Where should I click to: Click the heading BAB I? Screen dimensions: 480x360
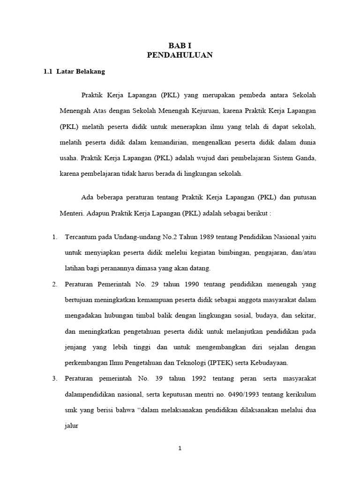(x=180, y=45)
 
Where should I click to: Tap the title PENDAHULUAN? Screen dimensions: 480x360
(x=180, y=55)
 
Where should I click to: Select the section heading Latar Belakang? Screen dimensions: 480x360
(x=81, y=72)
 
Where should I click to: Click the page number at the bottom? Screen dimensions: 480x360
(x=180, y=448)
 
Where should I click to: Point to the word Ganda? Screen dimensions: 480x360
(x=306, y=158)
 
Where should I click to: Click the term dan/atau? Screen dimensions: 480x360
(x=304, y=253)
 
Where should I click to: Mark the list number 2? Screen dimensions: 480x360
(x=54, y=284)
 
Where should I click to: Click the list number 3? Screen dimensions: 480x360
(x=54, y=378)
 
